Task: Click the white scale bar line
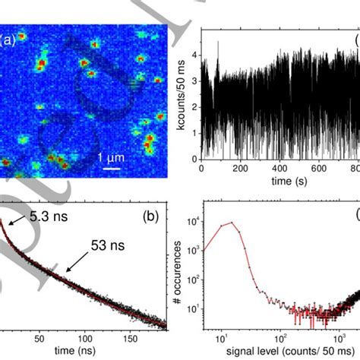pos(113,166)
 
